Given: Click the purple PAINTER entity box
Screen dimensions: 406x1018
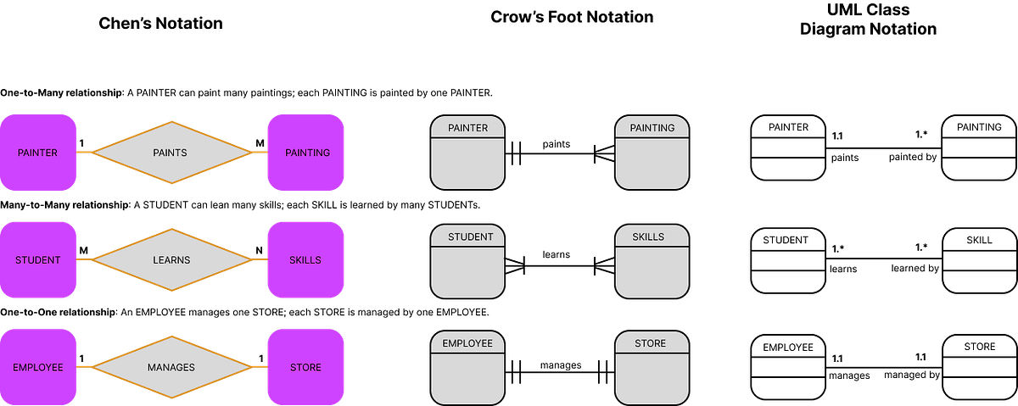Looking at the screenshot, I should (x=38, y=153).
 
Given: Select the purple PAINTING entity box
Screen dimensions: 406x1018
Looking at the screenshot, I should (x=305, y=153).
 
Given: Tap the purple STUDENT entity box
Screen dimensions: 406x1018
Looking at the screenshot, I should (x=38, y=260).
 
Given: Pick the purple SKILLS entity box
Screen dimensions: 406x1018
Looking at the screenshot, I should (x=305, y=260).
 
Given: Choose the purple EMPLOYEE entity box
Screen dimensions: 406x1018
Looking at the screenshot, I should (x=38, y=367).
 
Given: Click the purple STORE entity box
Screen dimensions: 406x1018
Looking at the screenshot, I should (x=305, y=367).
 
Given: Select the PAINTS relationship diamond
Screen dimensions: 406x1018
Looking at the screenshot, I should (x=171, y=153).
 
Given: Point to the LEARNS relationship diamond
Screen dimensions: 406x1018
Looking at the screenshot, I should (x=171, y=260).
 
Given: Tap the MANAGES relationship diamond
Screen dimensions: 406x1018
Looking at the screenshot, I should (x=171, y=367).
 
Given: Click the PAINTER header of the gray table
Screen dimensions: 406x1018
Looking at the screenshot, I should (x=467, y=128).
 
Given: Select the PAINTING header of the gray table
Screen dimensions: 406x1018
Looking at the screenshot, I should (x=652, y=128).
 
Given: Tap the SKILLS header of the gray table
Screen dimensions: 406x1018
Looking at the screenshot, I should (x=652, y=236).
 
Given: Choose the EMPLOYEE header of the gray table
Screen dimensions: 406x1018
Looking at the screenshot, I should (x=467, y=343).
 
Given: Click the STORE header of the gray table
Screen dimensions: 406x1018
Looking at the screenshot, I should (x=652, y=343).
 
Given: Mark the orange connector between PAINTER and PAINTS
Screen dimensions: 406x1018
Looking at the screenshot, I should (x=85, y=153).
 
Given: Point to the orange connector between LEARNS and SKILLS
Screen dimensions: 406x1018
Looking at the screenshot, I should (x=258, y=259).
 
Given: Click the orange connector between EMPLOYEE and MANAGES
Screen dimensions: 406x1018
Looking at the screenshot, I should (x=85, y=367).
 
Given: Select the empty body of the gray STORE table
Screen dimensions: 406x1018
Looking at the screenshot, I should (x=652, y=378).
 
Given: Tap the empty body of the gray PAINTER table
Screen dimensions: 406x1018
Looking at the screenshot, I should (x=467, y=163).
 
